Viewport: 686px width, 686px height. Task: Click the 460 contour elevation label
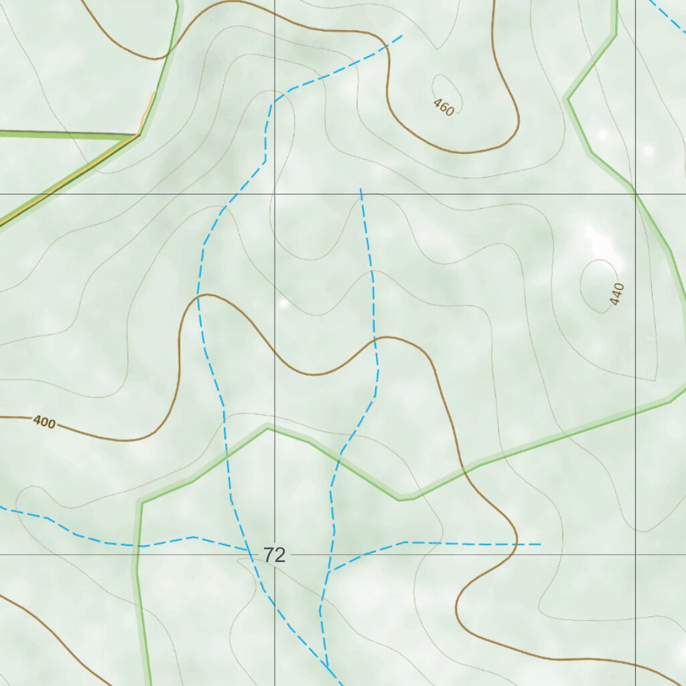[x=443, y=107]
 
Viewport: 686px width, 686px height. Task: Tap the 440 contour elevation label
[x=618, y=294]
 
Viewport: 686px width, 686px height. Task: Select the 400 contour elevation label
[x=44, y=422]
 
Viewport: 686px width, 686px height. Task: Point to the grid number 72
[x=274, y=555]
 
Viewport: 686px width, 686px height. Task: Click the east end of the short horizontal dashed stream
[x=540, y=544]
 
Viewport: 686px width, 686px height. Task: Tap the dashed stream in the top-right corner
[x=667, y=17]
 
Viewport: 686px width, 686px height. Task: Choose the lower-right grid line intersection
[x=635, y=555]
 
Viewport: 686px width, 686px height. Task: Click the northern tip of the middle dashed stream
[x=360, y=190]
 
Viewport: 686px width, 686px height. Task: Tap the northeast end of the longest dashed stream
[x=401, y=36]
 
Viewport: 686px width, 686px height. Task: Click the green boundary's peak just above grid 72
[x=267, y=426]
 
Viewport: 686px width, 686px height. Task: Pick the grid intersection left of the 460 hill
[x=274, y=194]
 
